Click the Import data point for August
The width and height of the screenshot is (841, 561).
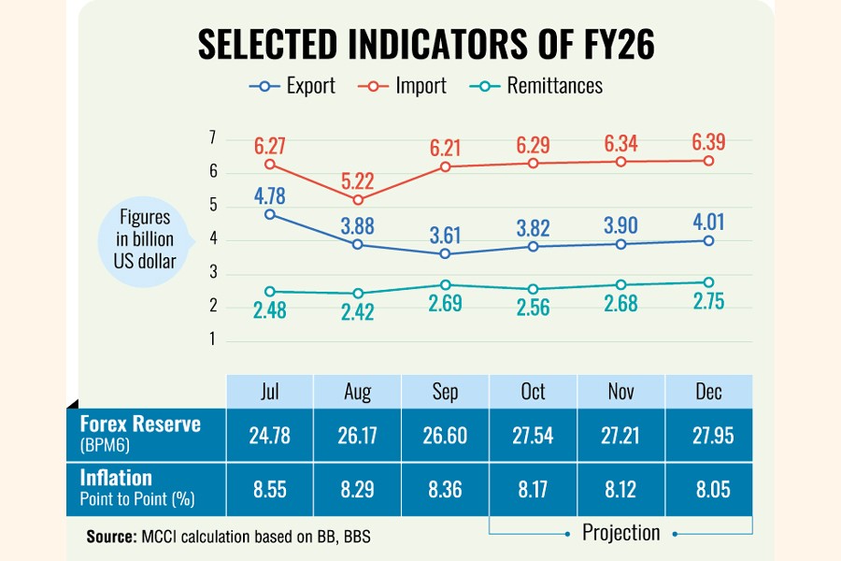click(358, 200)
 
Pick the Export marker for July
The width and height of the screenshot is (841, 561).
click(270, 214)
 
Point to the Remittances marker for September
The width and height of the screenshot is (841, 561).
click(446, 284)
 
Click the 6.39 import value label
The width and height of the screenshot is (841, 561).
click(708, 143)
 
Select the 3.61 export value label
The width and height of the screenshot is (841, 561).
click(446, 230)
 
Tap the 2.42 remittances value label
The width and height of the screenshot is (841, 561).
click(358, 312)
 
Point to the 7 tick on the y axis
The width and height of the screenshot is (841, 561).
click(212, 138)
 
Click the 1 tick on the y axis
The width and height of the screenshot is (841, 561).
click(212, 339)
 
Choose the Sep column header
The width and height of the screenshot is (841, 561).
click(446, 391)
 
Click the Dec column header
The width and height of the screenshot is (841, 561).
click(708, 391)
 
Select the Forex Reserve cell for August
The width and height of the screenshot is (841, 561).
click(358, 434)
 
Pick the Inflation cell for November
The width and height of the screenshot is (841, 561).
click(620, 487)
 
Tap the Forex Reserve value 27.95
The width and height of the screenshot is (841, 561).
click(708, 434)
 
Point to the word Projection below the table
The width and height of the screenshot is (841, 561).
click(621, 533)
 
